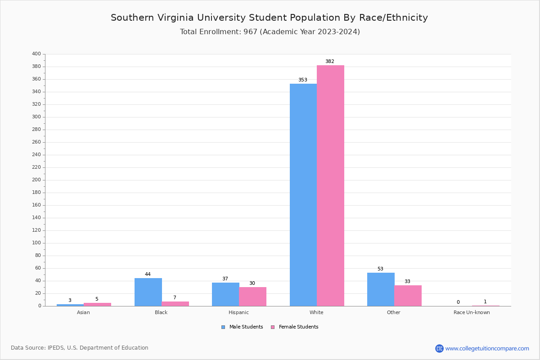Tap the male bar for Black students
[x=148, y=292]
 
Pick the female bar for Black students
[x=175, y=304]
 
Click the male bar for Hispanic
[x=225, y=294]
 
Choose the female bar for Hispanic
[x=252, y=297]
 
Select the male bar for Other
[x=381, y=289]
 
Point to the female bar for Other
[x=408, y=296]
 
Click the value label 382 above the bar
[x=330, y=62]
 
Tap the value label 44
[x=148, y=274]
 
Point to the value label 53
[x=380, y=269]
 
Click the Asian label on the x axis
[x=83, y=312]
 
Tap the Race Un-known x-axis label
[x=472, y=312]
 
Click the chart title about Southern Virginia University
[x=269, y=18]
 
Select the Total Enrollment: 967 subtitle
[x=270, y=32]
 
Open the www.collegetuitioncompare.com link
[x=487, y=348]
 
